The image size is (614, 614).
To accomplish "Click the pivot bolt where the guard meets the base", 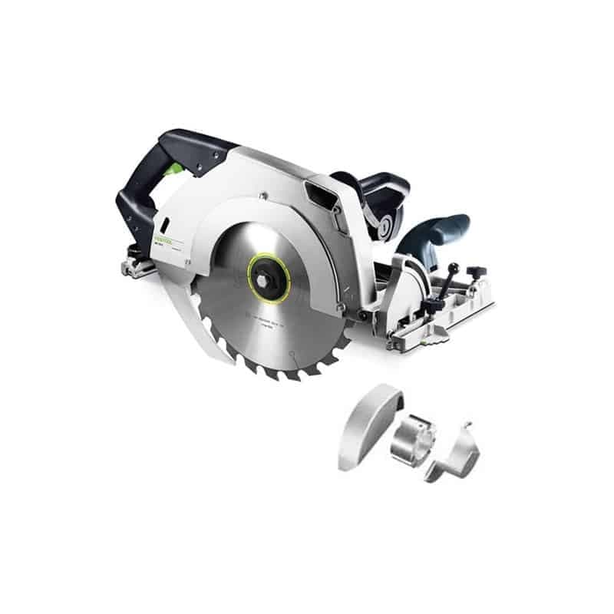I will pos(358,315).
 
